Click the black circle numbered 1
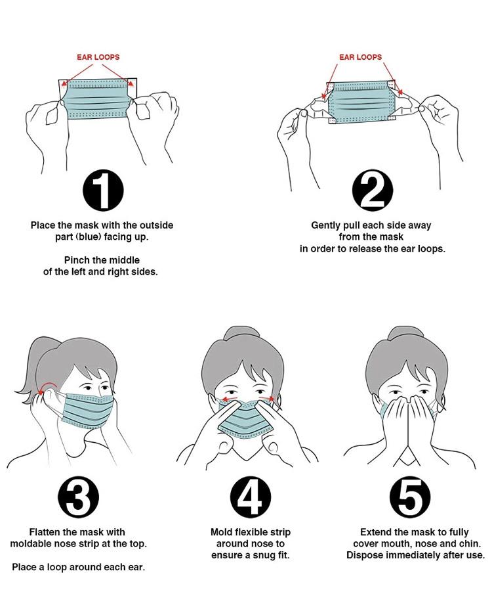[x=103, y=191]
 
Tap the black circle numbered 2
[x=372, y=191]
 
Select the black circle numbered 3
[x=79, y=497]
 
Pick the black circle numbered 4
[x=251, y=497]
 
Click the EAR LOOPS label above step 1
[x=98, y=57]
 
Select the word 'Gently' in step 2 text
[x=327, y=225]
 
